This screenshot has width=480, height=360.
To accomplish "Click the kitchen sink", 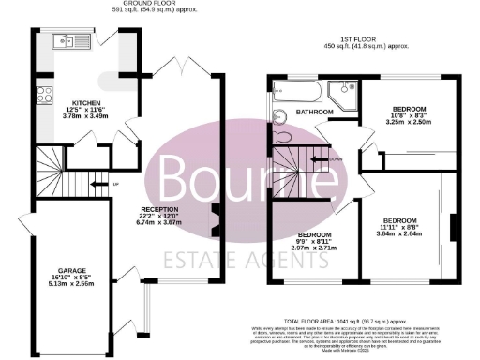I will tap(66, 40).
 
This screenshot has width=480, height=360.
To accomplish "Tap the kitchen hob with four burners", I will tap(43, 94).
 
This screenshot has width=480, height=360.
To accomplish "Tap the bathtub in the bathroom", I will tap(297, 92).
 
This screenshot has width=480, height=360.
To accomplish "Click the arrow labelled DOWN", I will tap(334, 159).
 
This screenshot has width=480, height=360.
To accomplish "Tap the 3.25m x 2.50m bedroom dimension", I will tap(409, 122).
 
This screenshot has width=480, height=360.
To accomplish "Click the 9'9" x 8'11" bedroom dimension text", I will tap(312, 241).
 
